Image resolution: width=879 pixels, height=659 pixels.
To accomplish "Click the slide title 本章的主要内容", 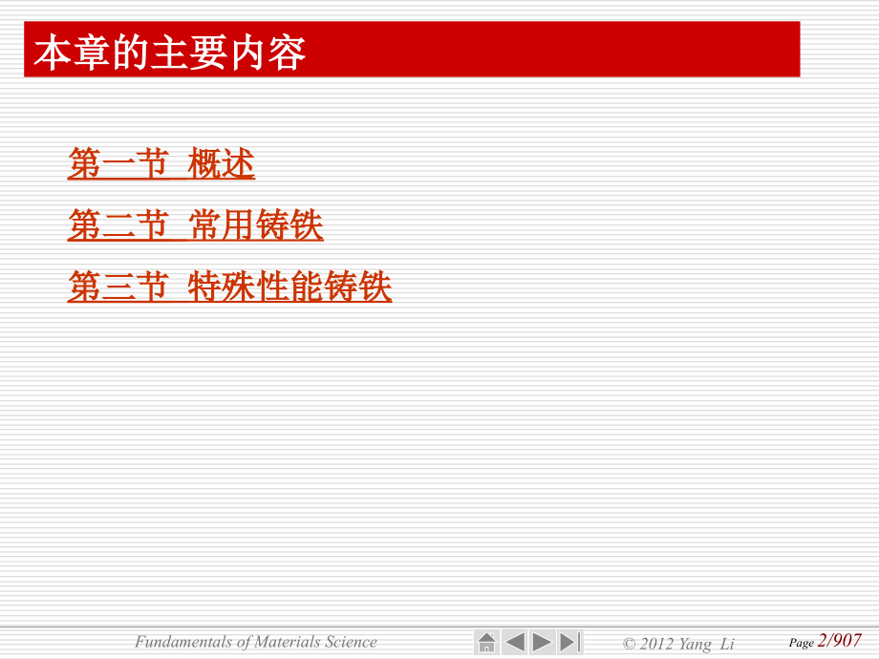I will [x=170, y=53].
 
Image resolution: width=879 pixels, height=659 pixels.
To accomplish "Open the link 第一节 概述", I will [x=161, y=164].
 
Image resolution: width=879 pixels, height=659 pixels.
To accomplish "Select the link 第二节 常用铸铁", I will [x=195, y=225].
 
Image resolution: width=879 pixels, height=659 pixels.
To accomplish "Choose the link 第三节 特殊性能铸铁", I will [x=229, y=287].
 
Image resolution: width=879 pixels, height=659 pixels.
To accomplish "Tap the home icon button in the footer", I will [x=486, y=642].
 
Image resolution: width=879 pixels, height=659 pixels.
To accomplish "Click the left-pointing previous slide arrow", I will [x=514, y=642].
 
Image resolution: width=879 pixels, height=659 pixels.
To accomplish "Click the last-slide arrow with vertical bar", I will [x=570, y=642].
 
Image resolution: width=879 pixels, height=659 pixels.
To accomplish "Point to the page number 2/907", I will [x=840, y=641].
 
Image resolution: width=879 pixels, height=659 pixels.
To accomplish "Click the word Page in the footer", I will [x=801, y=643].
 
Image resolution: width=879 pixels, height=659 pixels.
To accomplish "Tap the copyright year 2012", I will [x=656, y=644].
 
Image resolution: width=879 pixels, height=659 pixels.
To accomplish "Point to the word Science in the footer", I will [x=351, y=642].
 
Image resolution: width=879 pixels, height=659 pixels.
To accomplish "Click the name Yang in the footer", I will [x=695, y=644].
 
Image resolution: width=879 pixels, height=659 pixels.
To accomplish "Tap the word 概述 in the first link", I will [x=222, y=164].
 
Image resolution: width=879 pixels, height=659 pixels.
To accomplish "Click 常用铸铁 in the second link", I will [x=256, y=225].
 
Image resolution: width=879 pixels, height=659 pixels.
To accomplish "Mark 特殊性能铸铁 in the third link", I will [x=290, y=287].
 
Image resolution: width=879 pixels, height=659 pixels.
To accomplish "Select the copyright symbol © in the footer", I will [x=629, y=644].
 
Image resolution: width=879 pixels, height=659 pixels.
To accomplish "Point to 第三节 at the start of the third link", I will [x=118, y=287].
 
